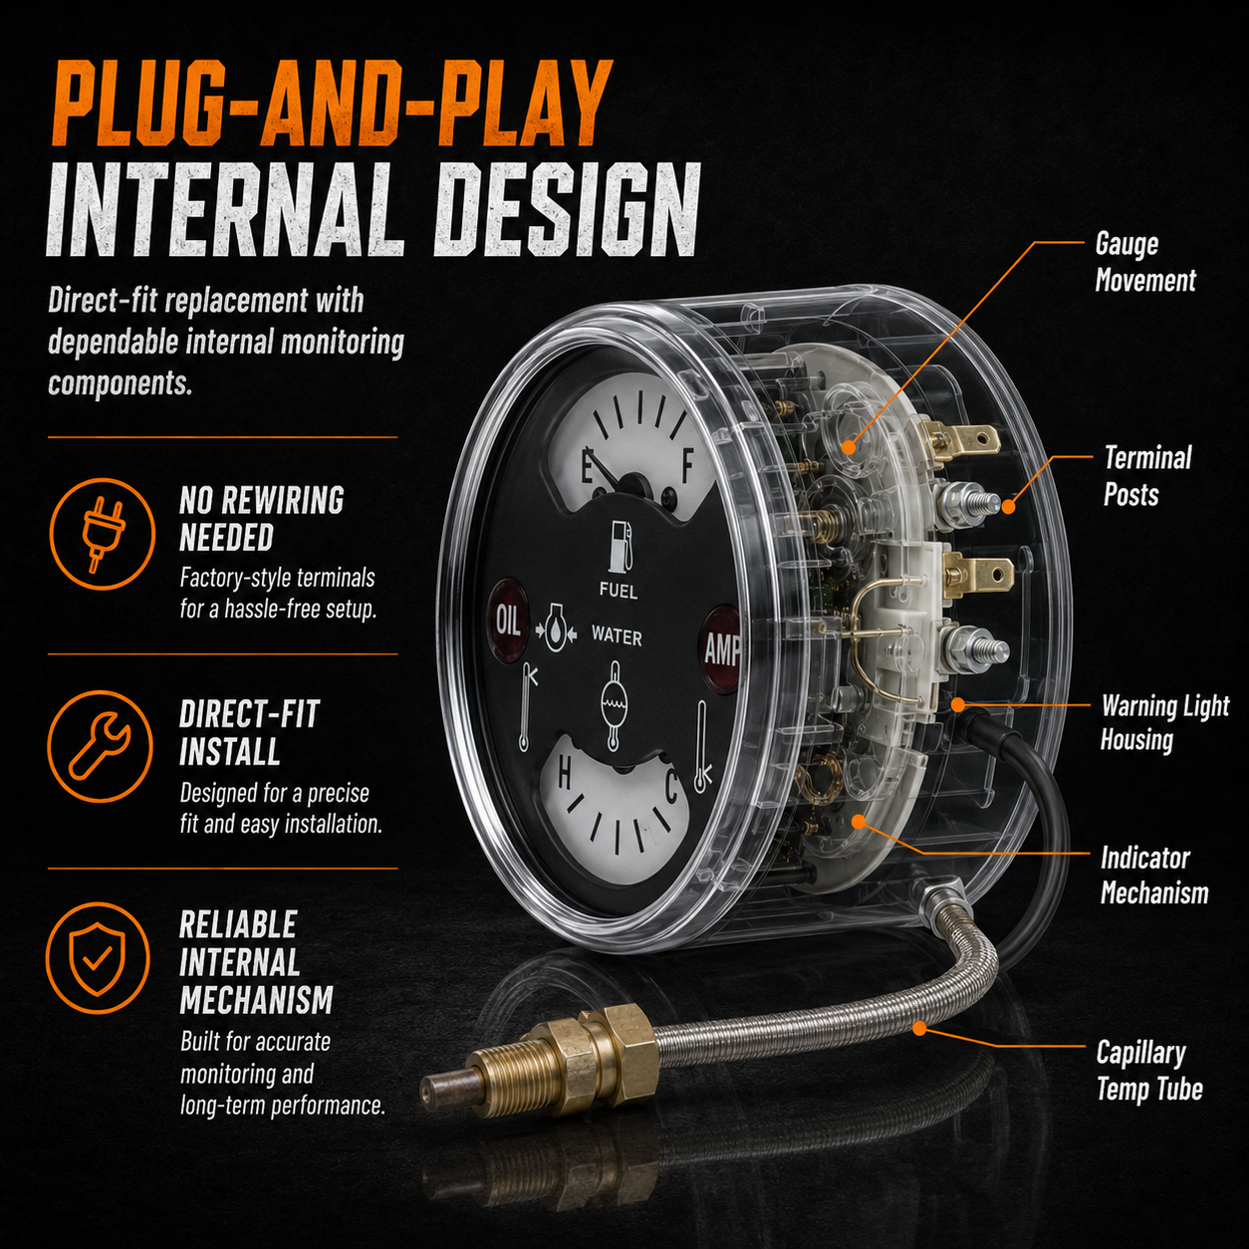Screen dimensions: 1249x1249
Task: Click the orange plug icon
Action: (103, 534)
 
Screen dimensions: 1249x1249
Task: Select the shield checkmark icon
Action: (98, 958)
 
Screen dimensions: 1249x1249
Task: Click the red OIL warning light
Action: (509, 622)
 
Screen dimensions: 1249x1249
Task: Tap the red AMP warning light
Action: (721, 648)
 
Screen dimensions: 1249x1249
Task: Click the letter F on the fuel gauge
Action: (687, 464)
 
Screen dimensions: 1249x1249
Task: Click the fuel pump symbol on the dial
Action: (621, 546)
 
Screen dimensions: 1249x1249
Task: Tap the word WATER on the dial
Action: (617, 637)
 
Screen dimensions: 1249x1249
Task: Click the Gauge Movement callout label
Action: (1145, 263)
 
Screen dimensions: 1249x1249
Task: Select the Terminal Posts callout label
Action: (1147, 476)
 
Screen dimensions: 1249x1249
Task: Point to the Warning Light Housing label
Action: (1165, 723)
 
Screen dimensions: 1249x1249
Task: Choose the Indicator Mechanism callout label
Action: (1154, 876)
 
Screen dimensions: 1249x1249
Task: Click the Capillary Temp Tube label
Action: (1149, 1071)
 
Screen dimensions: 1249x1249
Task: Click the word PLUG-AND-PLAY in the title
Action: (332, 104)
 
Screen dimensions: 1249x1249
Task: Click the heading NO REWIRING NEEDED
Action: (261, 519)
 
